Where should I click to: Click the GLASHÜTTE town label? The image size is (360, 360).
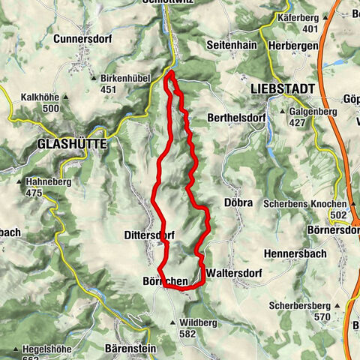tap(69, 142)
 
